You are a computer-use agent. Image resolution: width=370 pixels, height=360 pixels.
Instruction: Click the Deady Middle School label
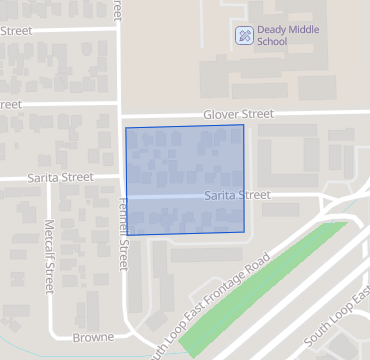tap(286, 36)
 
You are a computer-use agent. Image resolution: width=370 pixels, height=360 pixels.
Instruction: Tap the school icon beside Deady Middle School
tap(243, 36)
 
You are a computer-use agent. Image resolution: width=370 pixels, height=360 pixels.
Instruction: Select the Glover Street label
tap(238, 115)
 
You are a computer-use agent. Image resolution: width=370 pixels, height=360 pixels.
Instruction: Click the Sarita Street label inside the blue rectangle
tap(238, 195)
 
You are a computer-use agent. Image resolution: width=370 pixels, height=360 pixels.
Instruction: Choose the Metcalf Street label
tap(49, 256)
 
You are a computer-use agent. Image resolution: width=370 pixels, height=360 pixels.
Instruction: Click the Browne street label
tap(92, 337)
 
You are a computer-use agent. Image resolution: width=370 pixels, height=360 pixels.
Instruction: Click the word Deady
tap(273, 30)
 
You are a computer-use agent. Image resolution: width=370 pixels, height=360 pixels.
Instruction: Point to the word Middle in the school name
tap(305, 30)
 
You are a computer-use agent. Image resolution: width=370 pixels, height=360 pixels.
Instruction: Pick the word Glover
tap(223, 115)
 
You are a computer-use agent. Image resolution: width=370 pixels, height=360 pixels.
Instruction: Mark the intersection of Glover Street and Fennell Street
tap(121, 113)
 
